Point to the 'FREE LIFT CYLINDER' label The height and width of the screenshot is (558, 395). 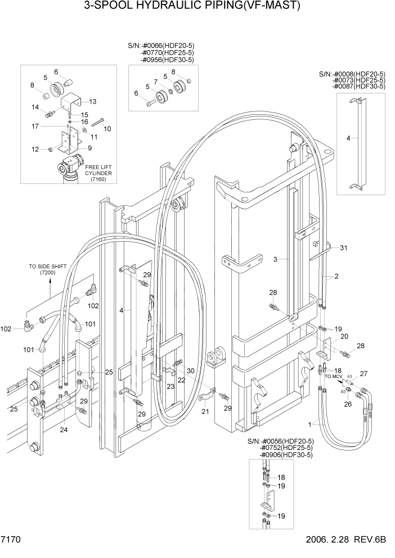pyautogui.click(x=98, y=170)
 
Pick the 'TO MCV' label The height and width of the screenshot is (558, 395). pyautogui.click(x=334, y=376)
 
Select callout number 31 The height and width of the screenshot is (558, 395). pyautogui.click(x=344, y=247)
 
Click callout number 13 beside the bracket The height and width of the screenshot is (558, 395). pyautogui.click(x=93, y=101)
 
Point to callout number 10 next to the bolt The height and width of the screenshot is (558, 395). pyautogui.click(x=107, y=128)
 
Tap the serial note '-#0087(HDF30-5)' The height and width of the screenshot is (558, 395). pyautogui.click(x=358, y=86)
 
